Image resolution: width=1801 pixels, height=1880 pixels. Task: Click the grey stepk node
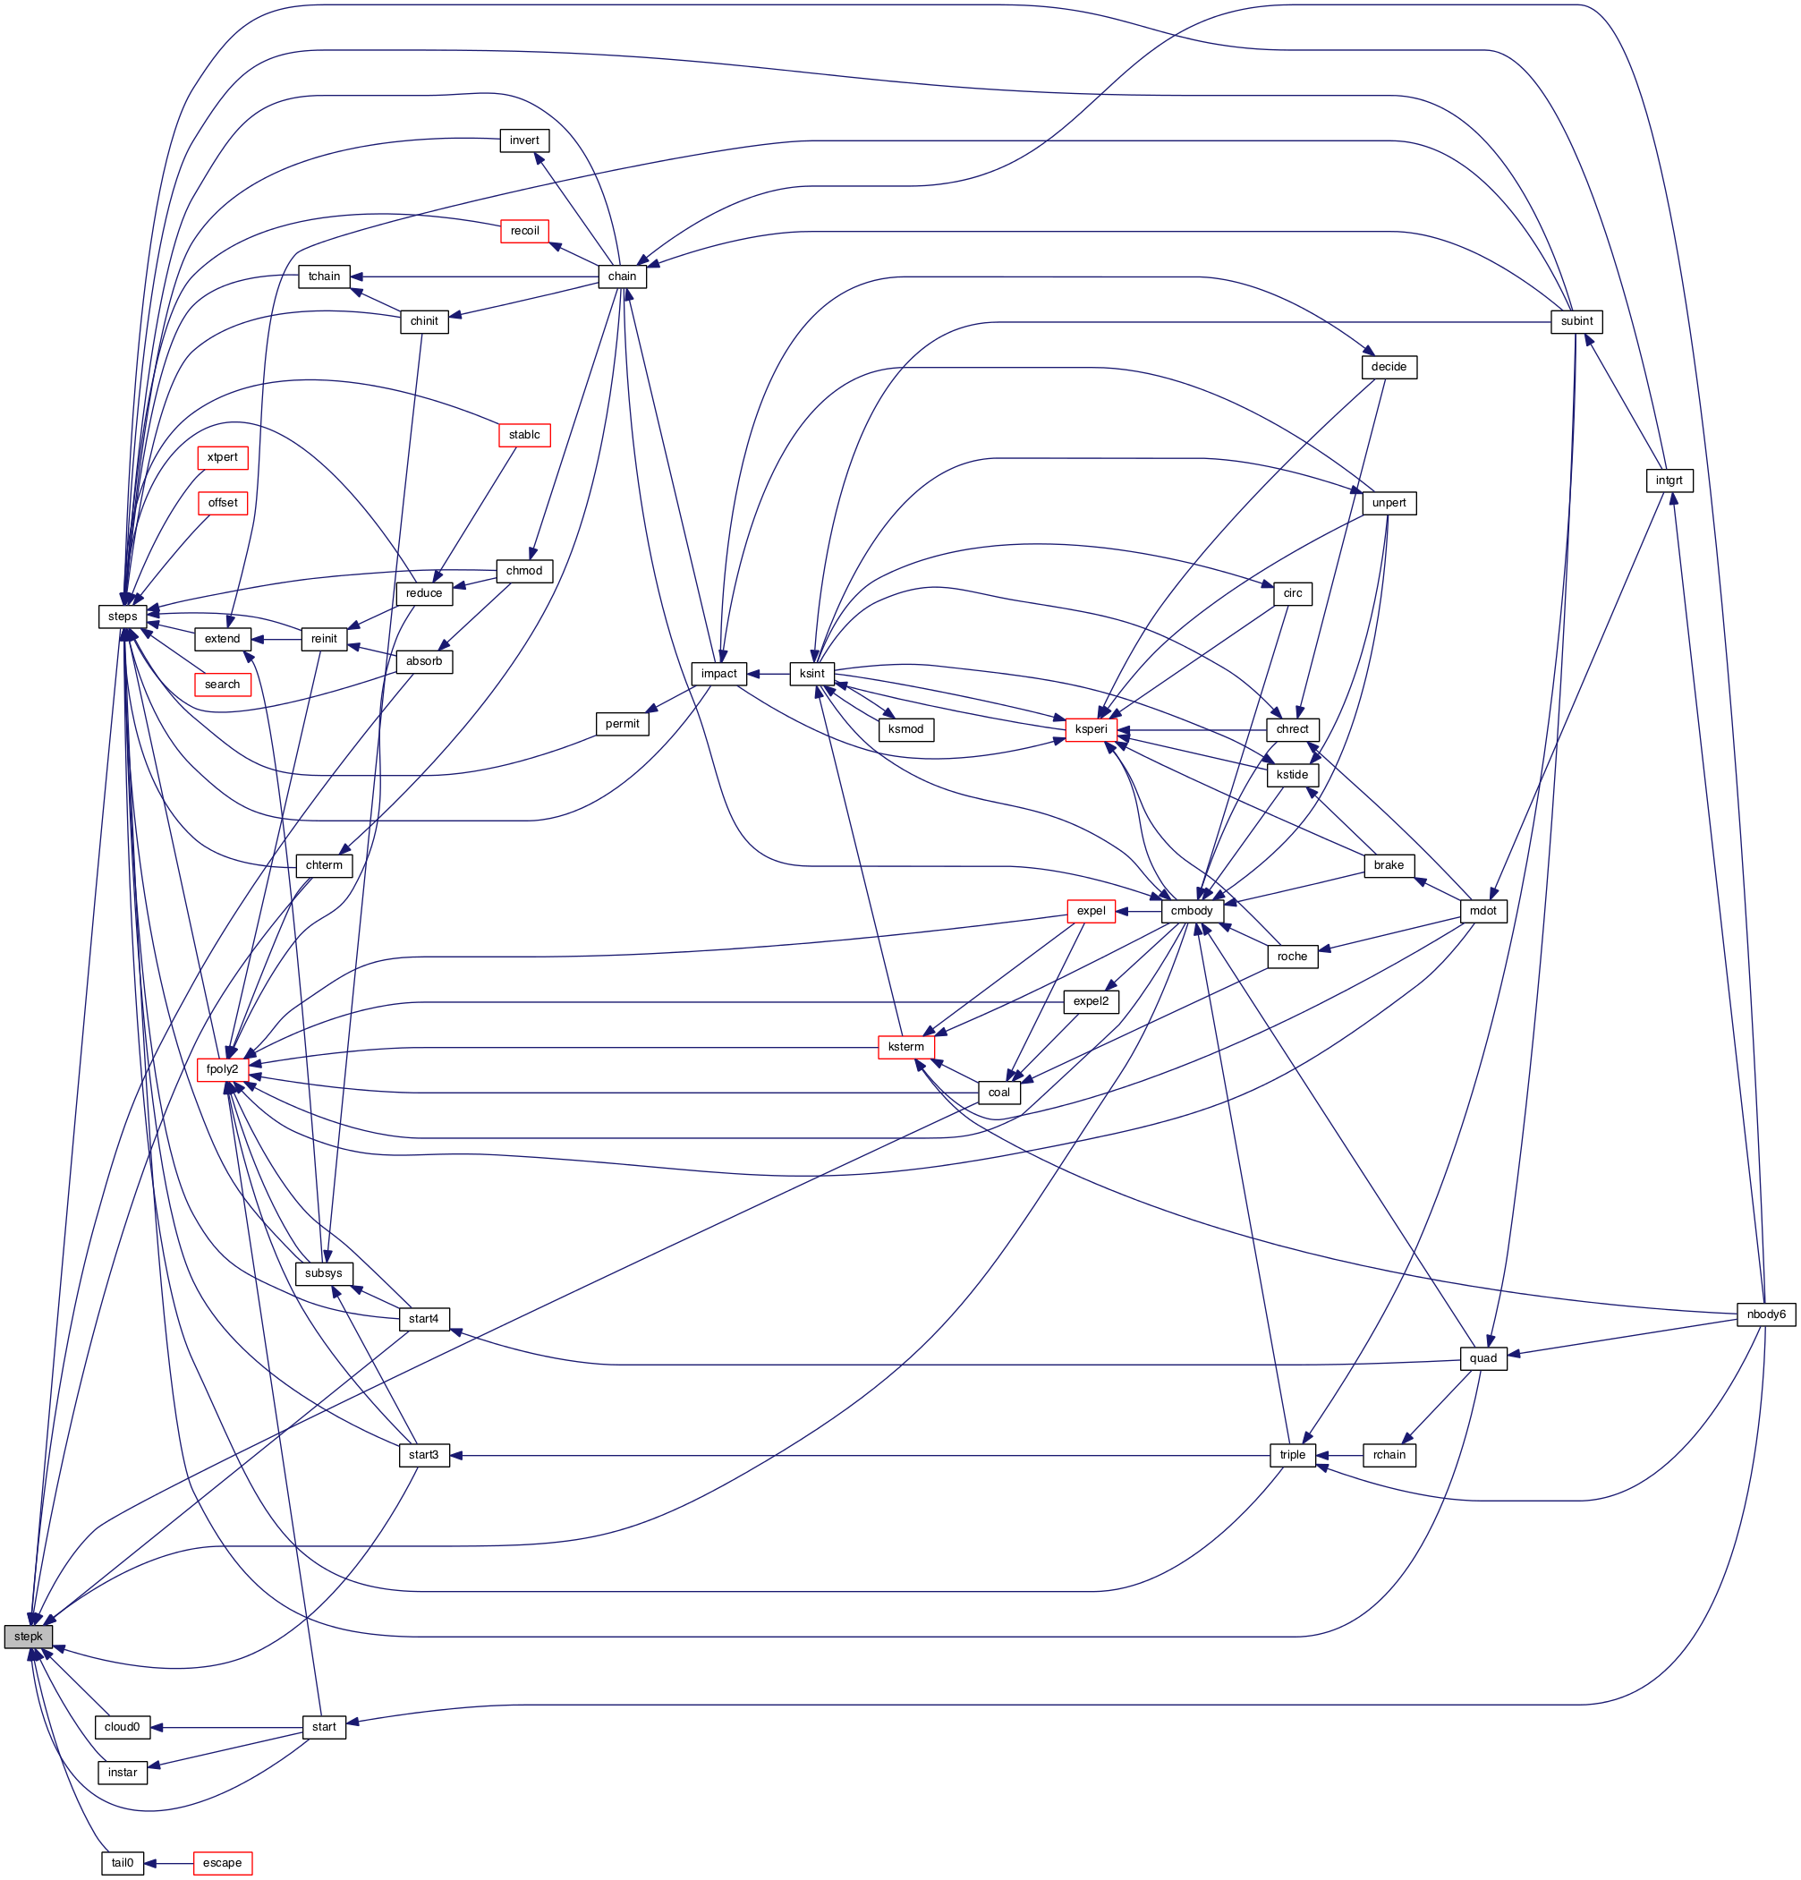coord(28,1638)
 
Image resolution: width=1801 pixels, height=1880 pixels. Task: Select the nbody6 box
coord(1765,1315)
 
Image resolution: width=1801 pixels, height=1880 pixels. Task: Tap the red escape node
coord(223,1864)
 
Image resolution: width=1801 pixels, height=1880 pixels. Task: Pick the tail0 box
coord(122,1864)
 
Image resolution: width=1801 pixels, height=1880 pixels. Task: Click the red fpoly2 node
coord(223,1069)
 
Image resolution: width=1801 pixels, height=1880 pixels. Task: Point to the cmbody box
coord(1192,911)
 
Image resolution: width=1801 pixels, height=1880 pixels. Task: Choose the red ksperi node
coord(1092,730)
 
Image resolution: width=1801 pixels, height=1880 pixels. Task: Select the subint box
coord(1576,321)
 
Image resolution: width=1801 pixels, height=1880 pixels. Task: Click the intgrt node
coord(1669,481)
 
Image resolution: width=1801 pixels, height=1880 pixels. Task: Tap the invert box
coord(524,141)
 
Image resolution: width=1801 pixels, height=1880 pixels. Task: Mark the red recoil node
coord(524,231)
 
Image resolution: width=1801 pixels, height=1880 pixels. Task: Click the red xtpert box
coord(223,457)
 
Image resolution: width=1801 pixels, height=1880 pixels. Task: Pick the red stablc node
coord(524,436)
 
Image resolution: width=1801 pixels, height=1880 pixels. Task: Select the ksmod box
coord(905,730)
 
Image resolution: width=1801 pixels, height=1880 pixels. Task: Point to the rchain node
coord(1389,1455)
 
